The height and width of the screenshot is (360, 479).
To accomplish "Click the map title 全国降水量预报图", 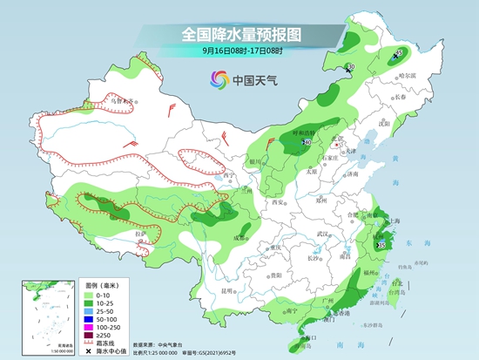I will pos(239,34).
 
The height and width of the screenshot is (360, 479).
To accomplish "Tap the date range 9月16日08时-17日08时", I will pos(239,51).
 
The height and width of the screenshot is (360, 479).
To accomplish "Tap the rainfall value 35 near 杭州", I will pos(381,247).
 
